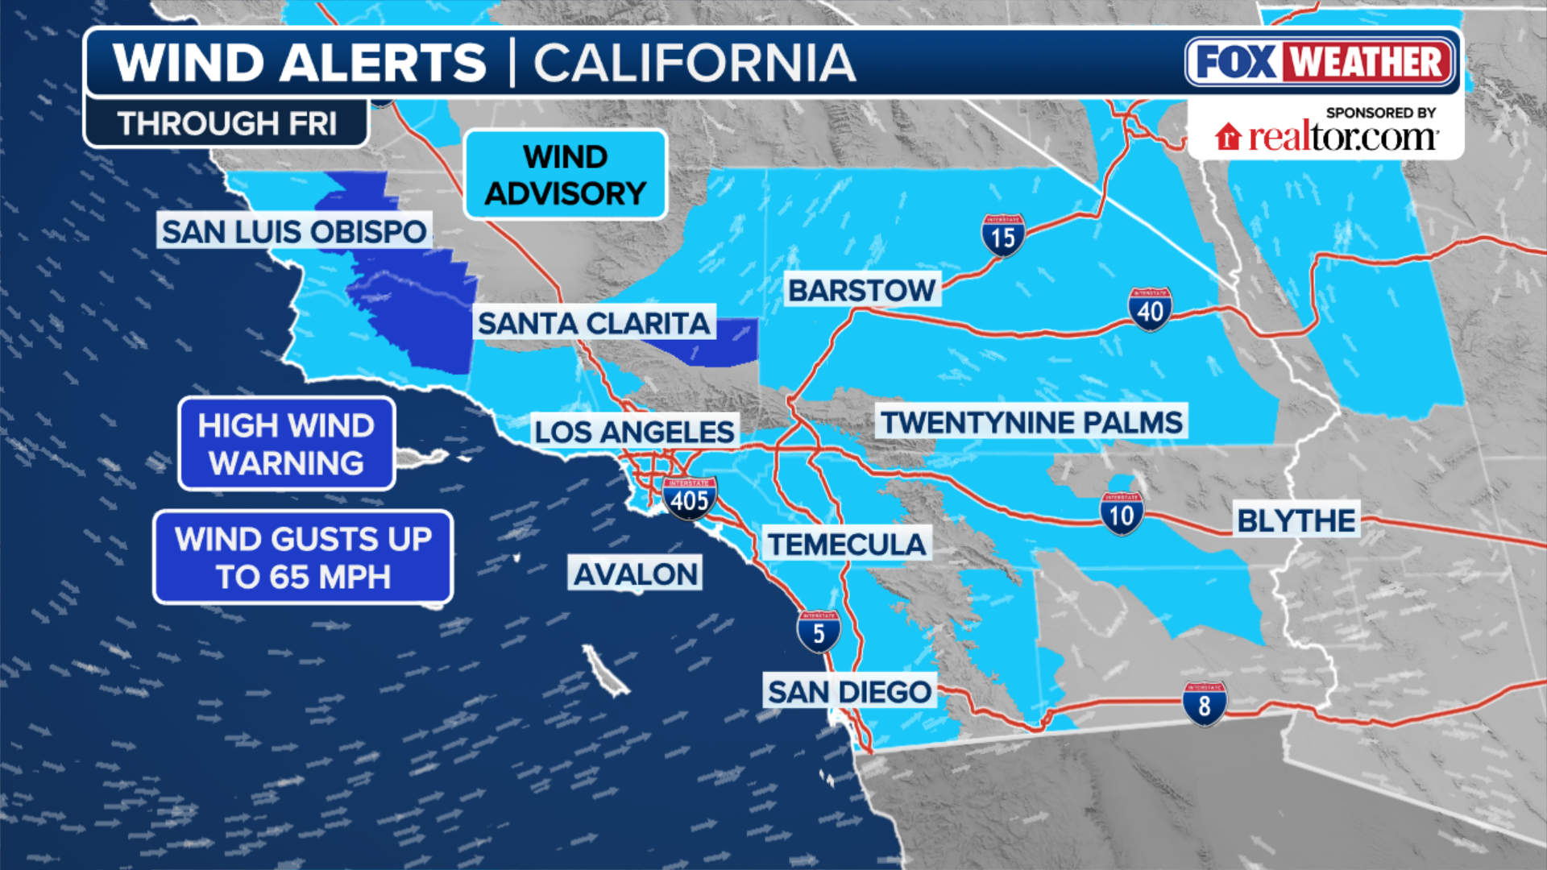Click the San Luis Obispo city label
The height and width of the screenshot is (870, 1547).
tap(294, 231)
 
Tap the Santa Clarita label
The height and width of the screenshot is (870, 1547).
tap(594, 323)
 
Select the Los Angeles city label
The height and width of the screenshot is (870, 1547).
tap(634, 432)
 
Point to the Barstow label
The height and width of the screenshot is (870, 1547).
tap(861, 290)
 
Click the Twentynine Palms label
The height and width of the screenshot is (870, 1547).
tap(1031, 422)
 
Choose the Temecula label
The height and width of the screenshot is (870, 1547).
tap(847, 545)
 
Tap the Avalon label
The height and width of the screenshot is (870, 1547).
tap(635, 574)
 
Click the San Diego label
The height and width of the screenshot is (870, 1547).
tap(849, 692)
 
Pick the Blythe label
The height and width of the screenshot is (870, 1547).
tap(1296, 520)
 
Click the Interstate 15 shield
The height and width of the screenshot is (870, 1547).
tap(1003, 235)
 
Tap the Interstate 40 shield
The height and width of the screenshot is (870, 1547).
tap(1150, 309)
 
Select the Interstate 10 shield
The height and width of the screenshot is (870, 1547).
tap(1122, 514)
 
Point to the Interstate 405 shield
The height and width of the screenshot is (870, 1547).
tap(690, 499)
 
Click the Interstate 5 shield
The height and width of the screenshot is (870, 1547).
tap(819, 632)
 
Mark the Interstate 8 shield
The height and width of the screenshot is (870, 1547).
tap(1204, 704)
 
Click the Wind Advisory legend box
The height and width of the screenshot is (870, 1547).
tap(566, 175)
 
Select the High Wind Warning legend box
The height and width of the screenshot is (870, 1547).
tap(286, 444)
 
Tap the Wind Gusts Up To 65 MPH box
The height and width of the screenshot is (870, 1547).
tap(303, 557)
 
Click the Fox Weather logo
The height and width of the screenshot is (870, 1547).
tap(1321, 62)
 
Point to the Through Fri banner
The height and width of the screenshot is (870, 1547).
tap(226, 123)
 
